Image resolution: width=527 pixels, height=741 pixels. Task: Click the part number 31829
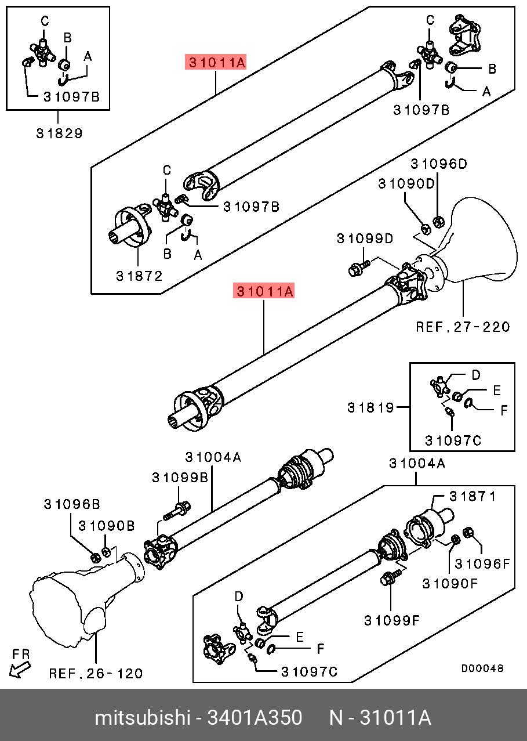click(59, 133)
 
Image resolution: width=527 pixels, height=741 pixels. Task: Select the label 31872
click(139, 276)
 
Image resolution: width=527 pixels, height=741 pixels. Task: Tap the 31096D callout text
click(438, 164)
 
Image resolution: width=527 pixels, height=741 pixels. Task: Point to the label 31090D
click(406, 183)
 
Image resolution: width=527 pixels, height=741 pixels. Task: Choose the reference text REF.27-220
click(463, 327)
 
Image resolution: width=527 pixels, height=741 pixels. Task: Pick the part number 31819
click(371, 407)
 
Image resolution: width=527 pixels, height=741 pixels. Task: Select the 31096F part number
click(482, 563)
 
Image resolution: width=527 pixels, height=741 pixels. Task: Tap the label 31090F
click(449, 583)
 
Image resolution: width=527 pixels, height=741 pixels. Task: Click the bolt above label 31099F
click(389, 579)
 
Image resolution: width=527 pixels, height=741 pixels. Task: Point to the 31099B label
click(180, 478)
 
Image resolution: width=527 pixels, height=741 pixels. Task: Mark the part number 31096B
click(72, 504)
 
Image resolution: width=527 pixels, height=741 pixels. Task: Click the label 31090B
click(107, 526)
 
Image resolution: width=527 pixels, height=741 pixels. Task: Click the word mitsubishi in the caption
click(143, 718)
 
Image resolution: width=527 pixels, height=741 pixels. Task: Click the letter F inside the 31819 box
click(504, 410)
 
